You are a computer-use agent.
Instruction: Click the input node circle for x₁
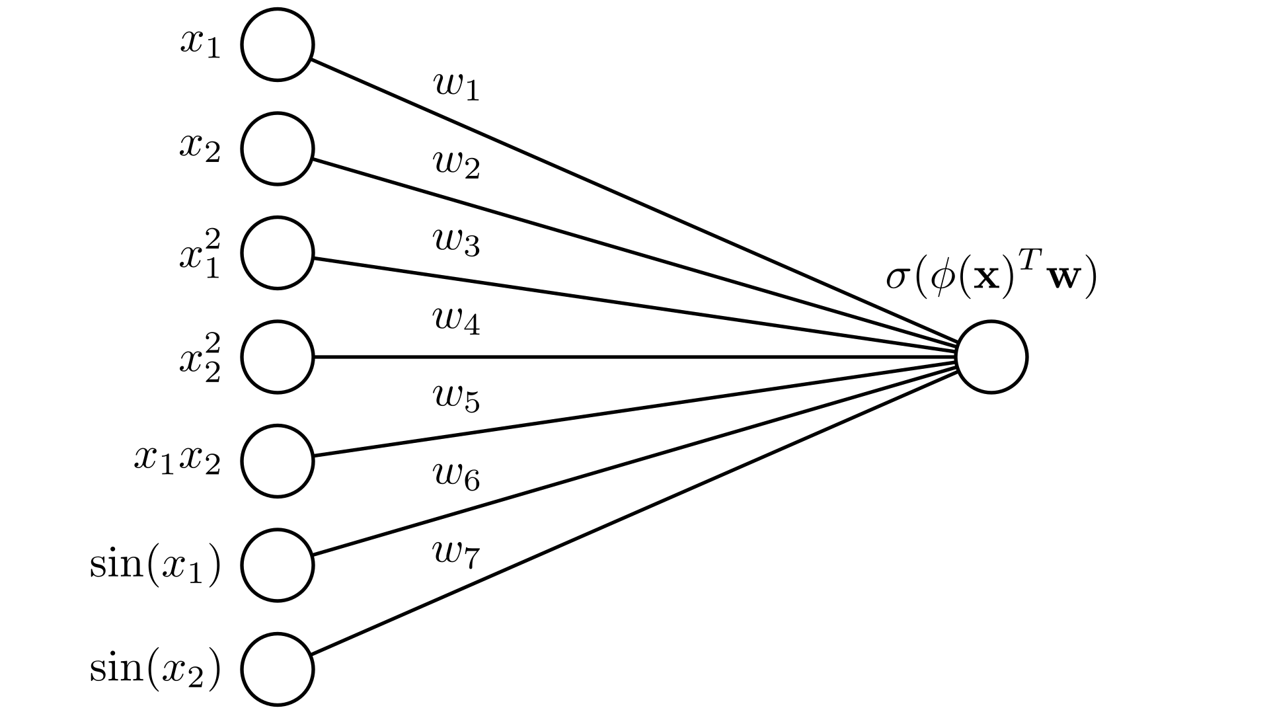pyautogui.click(x=277, y=45)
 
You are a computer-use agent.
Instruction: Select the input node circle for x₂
pyautogui.click(x=277, y=149)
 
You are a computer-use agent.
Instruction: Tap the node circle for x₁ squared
pyautogui.click(x=277, y=253)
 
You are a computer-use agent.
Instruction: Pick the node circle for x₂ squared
pyautogui.click(x=277, y=357)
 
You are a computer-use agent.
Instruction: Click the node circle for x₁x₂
pyautogui.click(x=277, y=461)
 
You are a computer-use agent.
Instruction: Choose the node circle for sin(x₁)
pyautogui.click(x=277, y=565)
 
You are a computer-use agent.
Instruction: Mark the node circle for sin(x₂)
pyautogui.click(x=277, y=669)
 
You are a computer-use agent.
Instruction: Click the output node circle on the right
pyautogui.click(x=991, y=357)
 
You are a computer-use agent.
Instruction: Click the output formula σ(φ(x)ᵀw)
pyautogui.click(x=991, y=278)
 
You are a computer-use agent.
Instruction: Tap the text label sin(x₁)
pyautogui.click(x=155, y=565)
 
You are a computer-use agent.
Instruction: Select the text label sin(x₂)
pyautogui.click(x=155, y=669)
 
